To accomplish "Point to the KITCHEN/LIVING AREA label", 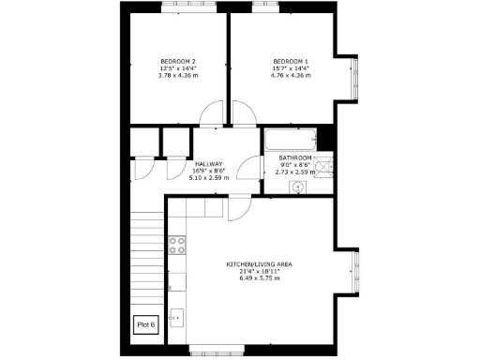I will [x=260, y=264].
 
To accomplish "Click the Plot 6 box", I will [x=146, y=324].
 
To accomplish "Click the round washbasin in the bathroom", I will [x=298, y=186].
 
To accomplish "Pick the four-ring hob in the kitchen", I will [x=175, y=246].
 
